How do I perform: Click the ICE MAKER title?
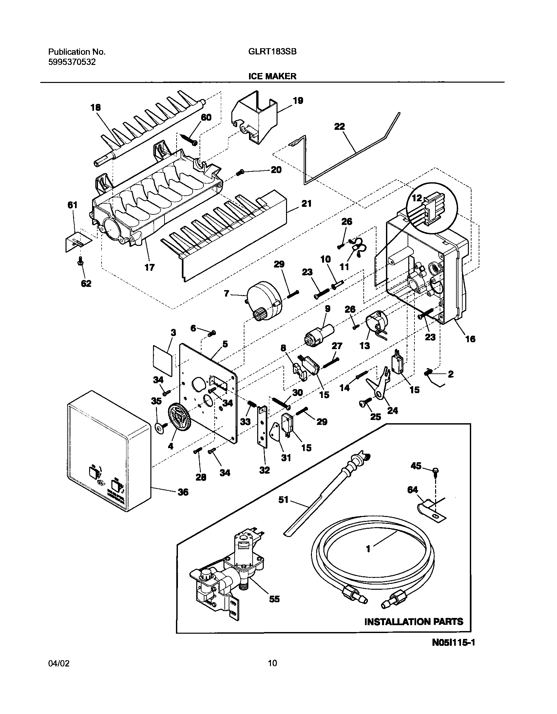(x=272, y=76)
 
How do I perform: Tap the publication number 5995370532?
(x=72, y=62)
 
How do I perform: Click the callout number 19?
(x=298, y=101)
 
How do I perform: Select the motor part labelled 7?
(x=264, y=302)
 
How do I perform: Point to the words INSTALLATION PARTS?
(x=414, y=622)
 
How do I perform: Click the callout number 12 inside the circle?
(x=417, y=198)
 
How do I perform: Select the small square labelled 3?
(x=163, y=361)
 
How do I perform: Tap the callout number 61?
(x=72, y=205)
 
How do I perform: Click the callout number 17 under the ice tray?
(x=149, y=268)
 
